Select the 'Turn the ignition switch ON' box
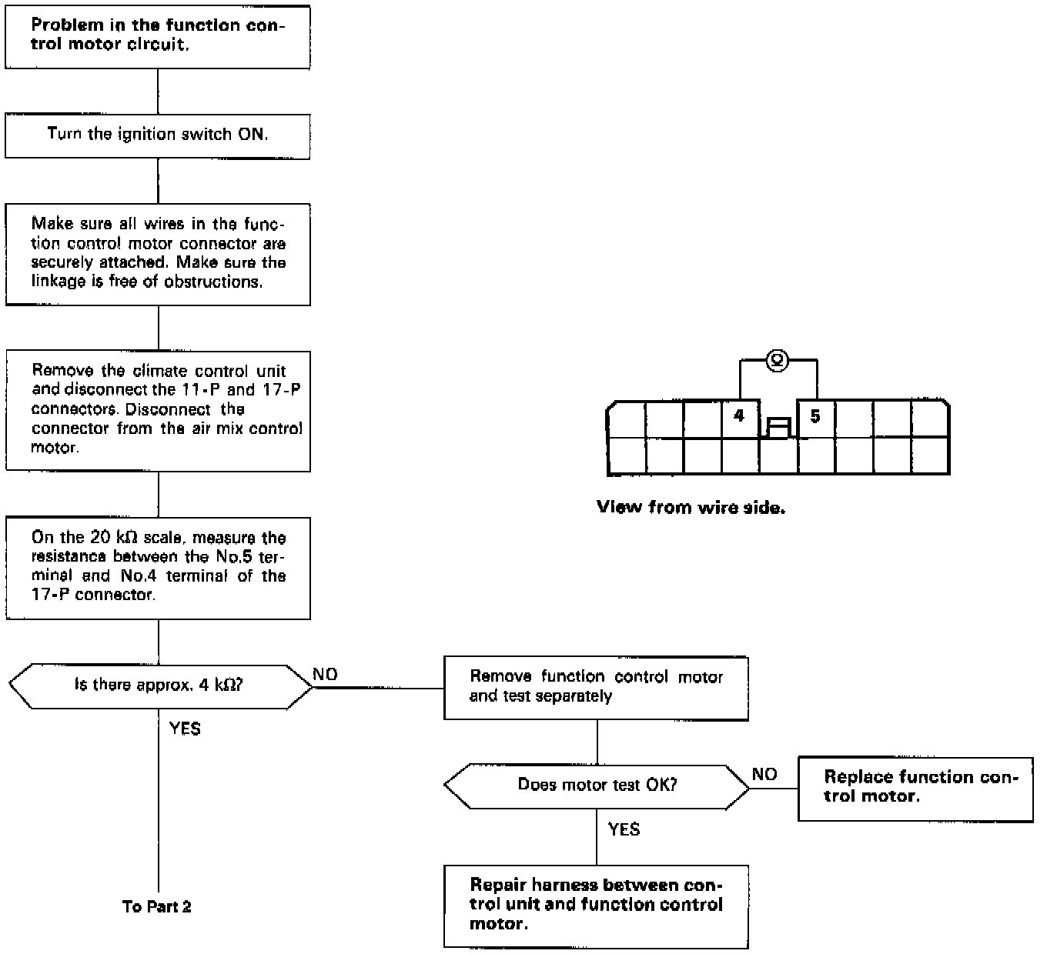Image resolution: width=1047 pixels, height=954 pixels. click(158, 135)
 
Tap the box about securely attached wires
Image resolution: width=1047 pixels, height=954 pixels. click(158, 254)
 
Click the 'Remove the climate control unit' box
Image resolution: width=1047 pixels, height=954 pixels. click(158, 410)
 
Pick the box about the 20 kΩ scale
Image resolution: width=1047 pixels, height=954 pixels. click(158, 568)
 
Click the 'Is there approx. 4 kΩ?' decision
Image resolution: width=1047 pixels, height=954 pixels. click(159, 685)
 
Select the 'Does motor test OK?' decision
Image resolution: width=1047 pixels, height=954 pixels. click(597, 786)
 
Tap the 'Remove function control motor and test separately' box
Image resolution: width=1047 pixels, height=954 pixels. click(596, 687)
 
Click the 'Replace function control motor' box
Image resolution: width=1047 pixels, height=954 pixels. click(915, 788)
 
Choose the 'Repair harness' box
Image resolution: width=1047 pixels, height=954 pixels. click(596, 906)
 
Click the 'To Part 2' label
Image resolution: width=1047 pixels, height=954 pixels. click(157, 907)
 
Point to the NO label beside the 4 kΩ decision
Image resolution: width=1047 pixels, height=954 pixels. click(325, 675)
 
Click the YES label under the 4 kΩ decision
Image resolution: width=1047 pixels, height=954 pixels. click(185, 729)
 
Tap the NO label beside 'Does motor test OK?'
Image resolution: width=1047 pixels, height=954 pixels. click(764, 775)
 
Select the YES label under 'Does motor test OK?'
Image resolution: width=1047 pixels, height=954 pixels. click(624, 829)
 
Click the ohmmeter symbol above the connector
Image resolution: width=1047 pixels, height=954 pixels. click(778, 359)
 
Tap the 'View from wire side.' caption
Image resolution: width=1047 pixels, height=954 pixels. click(691, 508)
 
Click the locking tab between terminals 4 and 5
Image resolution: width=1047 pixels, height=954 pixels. click(778, 427)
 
